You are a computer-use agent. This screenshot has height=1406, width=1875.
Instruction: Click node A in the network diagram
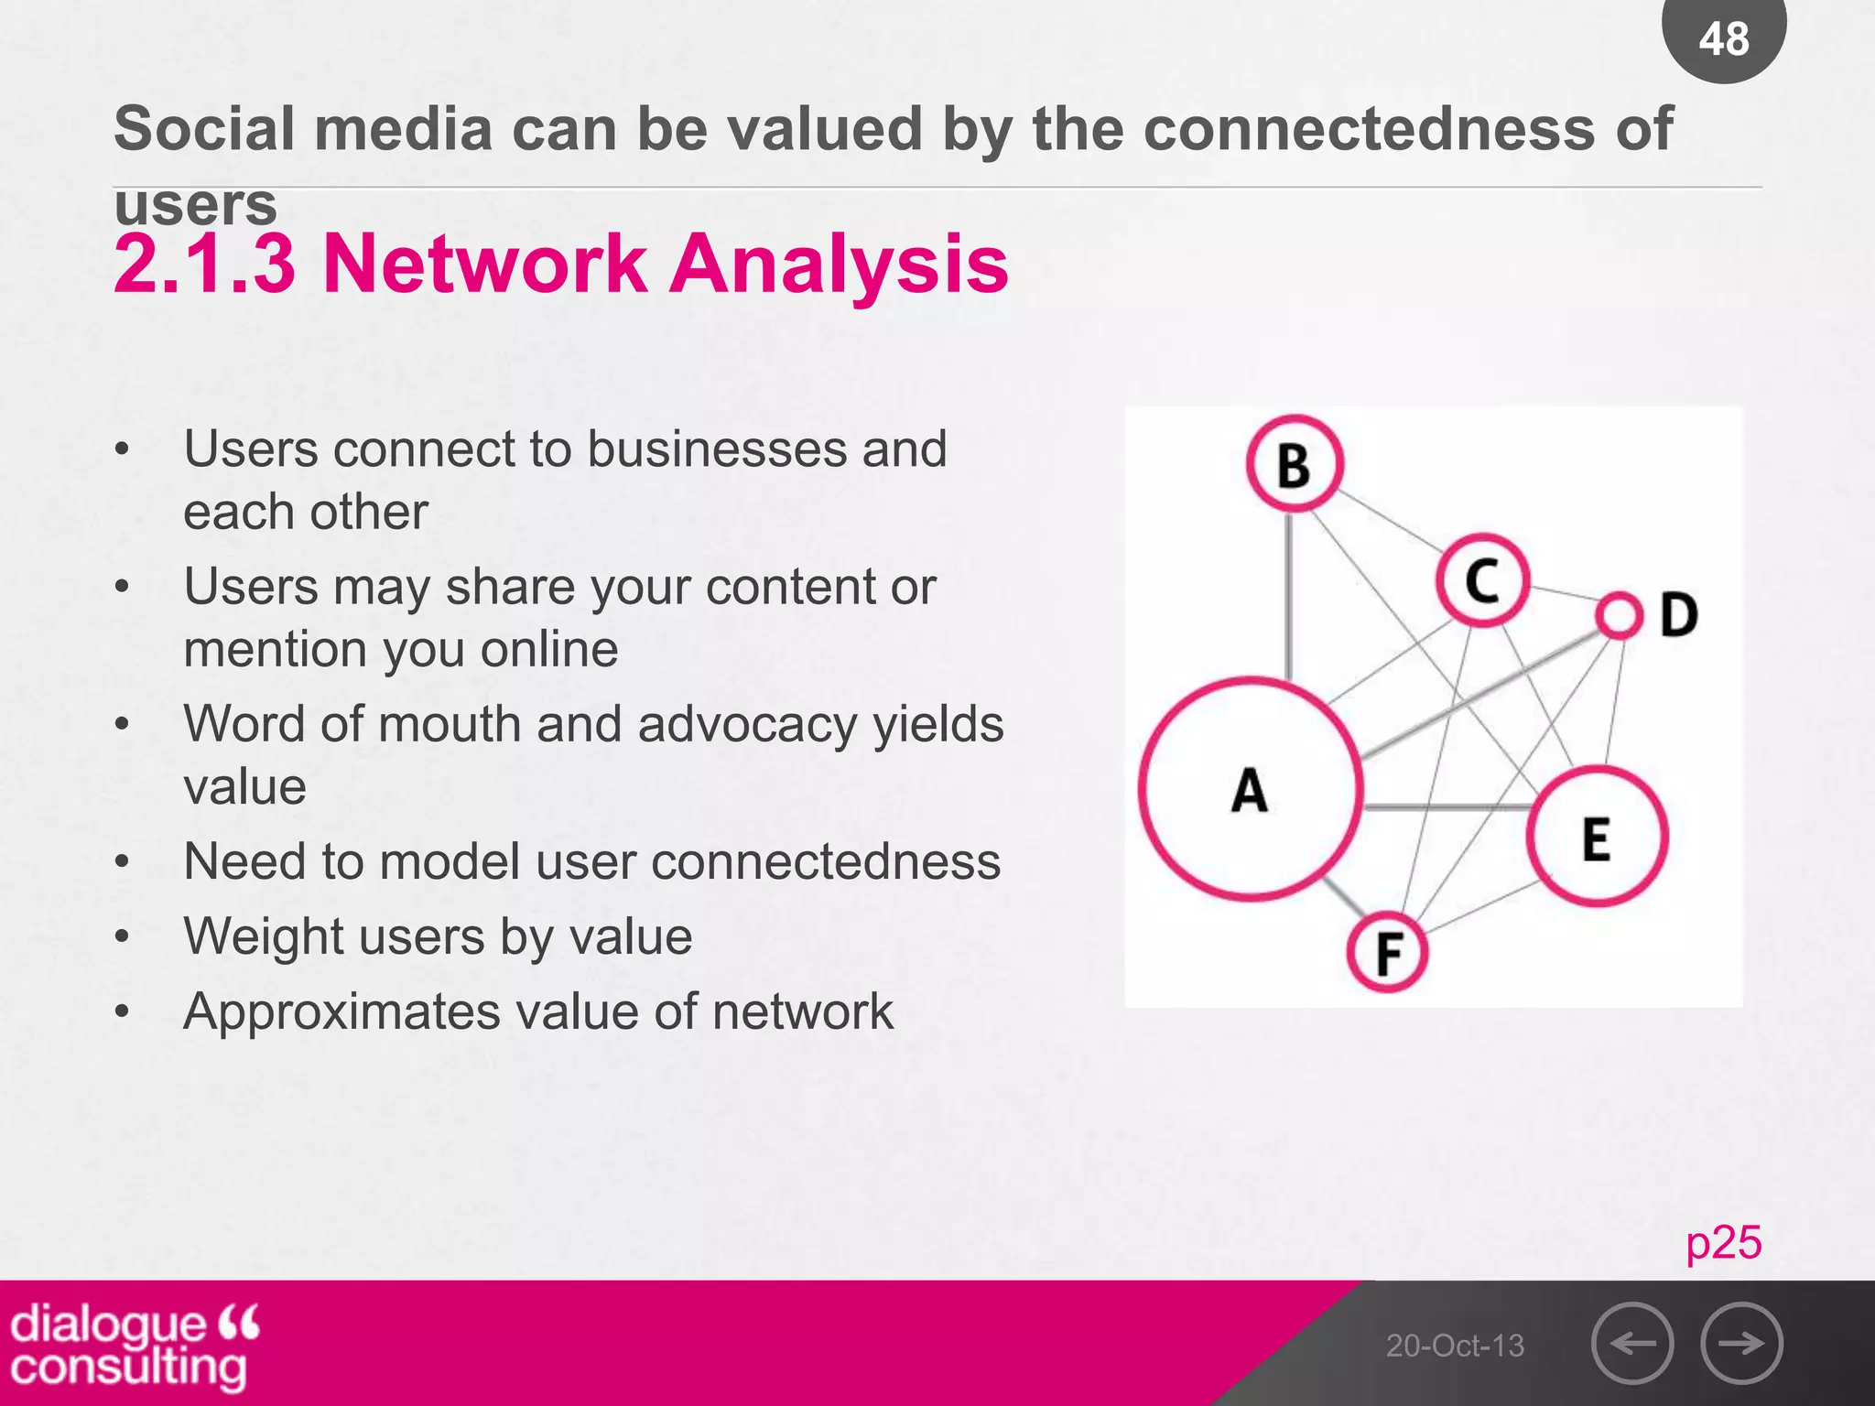[x=1251, y=789]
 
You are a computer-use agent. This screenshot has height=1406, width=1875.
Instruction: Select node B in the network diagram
[x=1295, y=463]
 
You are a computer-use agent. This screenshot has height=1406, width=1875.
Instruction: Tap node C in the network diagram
[x=1482, y=580]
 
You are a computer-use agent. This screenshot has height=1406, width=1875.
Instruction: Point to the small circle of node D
[x=1619, y=615]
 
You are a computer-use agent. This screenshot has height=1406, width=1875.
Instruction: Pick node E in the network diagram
[x=1597, y=837]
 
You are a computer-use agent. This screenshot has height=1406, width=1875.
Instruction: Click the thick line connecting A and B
[x=1289, y=595]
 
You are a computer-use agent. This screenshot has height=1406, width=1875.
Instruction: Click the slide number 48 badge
[x=1724, y=38]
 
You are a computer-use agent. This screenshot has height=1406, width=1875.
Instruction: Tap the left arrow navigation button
[x=1632, y=1343]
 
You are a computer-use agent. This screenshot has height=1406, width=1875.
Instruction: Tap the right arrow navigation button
[x=1741, y=1343]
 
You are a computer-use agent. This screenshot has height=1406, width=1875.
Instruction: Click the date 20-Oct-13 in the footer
[x=1455, y=1346]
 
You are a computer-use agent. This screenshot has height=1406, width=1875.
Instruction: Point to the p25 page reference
[x=1724, y=1243]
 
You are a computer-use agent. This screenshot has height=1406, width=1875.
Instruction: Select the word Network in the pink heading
[x=485, y=264]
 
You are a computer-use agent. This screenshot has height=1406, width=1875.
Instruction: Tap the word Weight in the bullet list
[x=259, y=936]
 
